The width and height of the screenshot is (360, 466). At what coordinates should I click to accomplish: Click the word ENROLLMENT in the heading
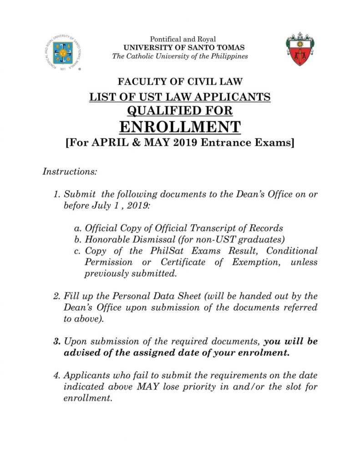[180, 126]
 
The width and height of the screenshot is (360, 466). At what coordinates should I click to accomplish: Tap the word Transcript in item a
[225, 228]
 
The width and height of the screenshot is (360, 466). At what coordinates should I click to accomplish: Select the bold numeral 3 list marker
[57, 341]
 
